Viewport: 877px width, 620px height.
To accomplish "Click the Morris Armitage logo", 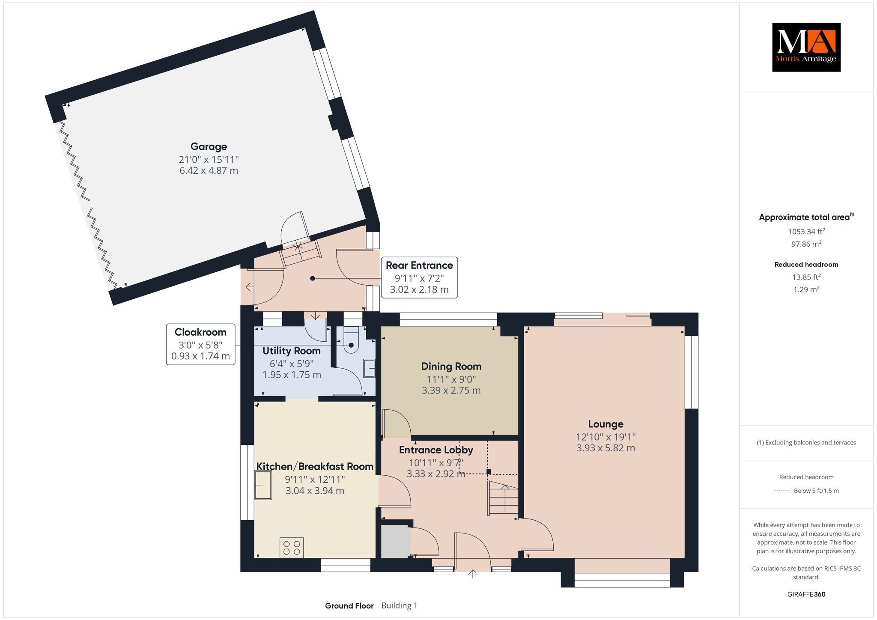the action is [806, 47].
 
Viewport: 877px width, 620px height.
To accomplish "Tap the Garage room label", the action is [209, 146].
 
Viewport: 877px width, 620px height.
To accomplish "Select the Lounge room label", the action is [606, 424].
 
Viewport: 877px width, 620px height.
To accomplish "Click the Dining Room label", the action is [451, 366].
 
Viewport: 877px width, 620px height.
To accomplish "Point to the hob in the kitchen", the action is [292, 547].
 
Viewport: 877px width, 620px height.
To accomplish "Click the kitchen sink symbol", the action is [263, 485].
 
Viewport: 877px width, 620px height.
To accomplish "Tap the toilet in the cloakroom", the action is [351, 340].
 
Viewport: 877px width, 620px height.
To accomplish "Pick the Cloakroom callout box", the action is [200, 344].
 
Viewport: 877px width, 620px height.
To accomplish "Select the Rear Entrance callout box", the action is [419, 277].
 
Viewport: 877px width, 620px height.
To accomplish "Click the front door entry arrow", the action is [473, 574].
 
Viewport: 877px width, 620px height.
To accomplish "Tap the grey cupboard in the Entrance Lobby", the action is [395, 541].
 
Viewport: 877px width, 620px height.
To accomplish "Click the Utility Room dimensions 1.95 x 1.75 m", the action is [292, 375].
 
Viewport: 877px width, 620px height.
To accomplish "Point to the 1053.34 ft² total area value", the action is [806, 231].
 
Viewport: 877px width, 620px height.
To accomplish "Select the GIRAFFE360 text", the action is [806, 594].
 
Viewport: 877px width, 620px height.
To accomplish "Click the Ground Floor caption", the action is [349, 605].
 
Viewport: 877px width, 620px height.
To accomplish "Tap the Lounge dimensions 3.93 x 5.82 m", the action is [606, 448].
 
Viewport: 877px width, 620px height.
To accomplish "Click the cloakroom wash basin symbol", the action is [369, 368].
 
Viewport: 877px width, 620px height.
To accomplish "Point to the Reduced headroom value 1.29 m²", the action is [806, 289].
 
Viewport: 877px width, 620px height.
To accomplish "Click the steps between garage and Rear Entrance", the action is [300, 253].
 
